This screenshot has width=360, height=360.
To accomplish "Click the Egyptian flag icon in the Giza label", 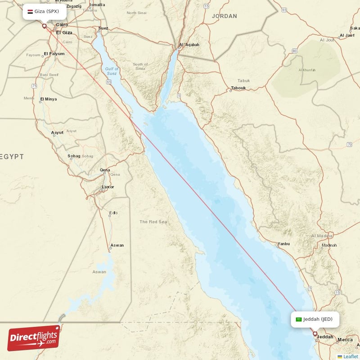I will click(30, 11).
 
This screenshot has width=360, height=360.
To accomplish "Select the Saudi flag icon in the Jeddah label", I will click(298, 319).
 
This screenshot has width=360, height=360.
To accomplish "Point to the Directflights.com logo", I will click(34, 337).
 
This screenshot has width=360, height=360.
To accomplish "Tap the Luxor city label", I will click(108, 187).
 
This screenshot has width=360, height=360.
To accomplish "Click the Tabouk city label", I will click(238, 88).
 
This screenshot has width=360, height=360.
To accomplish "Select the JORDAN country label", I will click(224, 16).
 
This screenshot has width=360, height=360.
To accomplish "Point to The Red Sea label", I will click(153, 222).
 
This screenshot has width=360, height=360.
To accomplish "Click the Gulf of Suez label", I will click(111, 71).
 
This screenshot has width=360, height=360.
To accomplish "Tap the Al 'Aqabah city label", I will click(189, 45).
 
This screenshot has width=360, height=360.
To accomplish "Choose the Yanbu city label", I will click(283, 244).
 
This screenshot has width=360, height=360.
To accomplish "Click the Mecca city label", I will click(345, 340).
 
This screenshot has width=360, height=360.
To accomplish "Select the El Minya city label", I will click(49, 99).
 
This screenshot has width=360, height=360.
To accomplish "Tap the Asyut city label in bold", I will click(58, 133).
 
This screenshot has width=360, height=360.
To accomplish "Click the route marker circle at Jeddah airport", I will click(315, 334).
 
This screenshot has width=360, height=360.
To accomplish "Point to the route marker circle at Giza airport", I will click(44, 26).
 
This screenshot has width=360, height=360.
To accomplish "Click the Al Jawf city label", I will click(348, 35).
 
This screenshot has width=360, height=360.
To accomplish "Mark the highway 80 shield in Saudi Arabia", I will click(294, 51).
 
